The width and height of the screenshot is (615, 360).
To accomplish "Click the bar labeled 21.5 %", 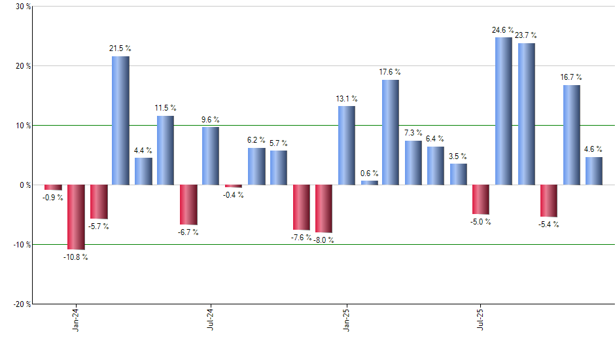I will [120, 120].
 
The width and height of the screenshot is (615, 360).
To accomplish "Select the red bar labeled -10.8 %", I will [76, 217].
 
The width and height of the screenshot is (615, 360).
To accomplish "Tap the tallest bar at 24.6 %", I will [504, 111].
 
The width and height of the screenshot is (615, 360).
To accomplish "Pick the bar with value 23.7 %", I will [526, 114].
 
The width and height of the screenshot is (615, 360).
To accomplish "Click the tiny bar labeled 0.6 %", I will [369, 183].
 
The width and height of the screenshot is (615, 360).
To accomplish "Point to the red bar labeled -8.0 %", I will [324, 208].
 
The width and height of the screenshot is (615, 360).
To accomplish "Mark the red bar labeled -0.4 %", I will [233, 186].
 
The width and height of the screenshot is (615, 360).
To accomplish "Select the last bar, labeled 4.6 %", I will [593, 171].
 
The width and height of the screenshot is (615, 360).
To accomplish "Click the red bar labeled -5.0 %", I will [481, 200].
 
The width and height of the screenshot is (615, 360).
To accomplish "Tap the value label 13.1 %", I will [347, 99].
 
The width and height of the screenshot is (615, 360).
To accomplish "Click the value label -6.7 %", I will [188, 232].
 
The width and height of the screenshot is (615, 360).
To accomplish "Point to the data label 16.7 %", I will [571, 77].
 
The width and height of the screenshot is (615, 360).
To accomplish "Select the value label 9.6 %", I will [211, 120].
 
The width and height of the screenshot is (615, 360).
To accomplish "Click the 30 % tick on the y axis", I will [22, 7].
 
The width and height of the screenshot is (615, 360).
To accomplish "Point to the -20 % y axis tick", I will [21, 304].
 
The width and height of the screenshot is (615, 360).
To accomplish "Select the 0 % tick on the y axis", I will [25, 185].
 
